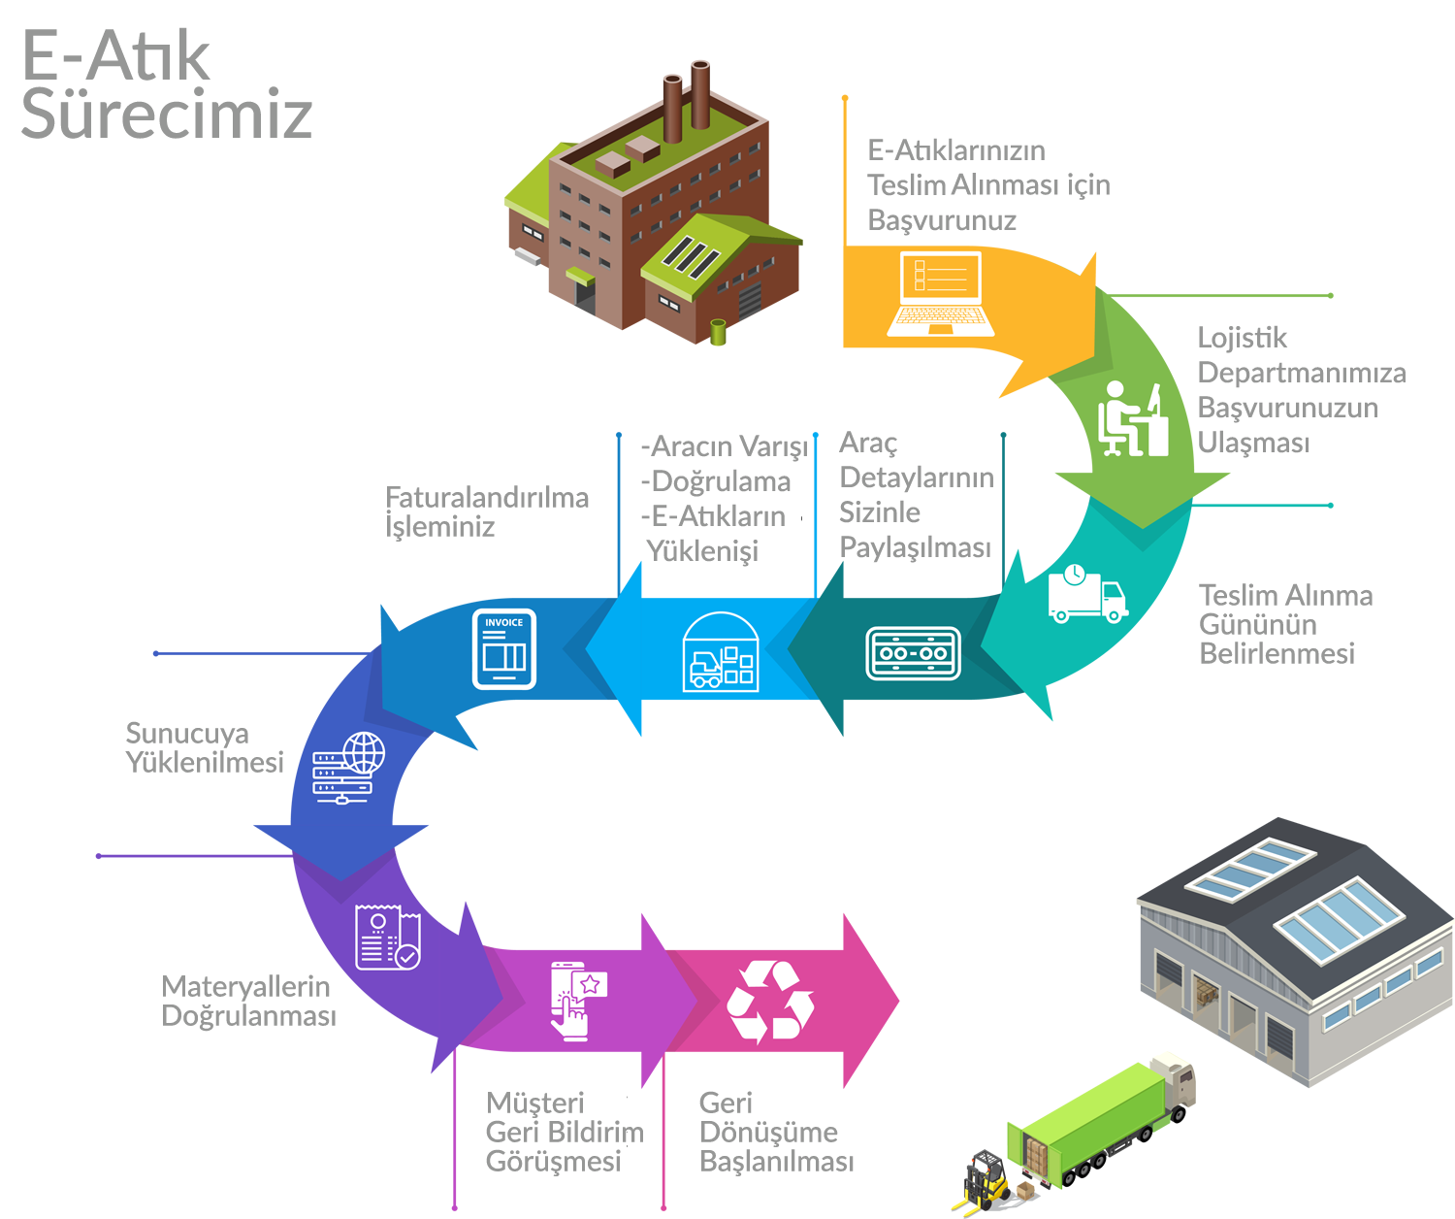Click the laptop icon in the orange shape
[x=940, y=294]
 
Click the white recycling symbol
[x=770, y=1002]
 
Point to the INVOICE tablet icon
[x=504, y=649]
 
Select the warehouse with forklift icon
[x=721, y=652]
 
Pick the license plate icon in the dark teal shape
[x=913, y=653]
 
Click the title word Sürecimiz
[x=166, y=114]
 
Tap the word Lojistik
[x=1243, y=338]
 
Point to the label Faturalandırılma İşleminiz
[x=487, y=511]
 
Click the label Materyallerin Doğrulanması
[x=249, y=1001]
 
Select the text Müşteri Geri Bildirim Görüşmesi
[x=565, y=1132]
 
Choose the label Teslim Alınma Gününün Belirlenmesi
[x=1285, y=623]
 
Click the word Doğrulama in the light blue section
[x=721, y=481]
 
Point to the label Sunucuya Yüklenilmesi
[x=206, y=747]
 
